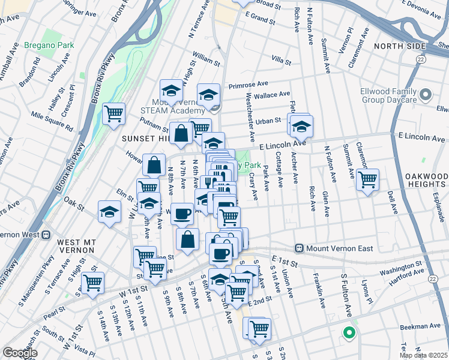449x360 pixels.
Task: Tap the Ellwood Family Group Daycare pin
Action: (426, 95)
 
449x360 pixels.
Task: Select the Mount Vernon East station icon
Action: (299, 248)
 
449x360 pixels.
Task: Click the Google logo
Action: (20, 353)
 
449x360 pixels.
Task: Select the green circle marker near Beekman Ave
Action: (348, 332)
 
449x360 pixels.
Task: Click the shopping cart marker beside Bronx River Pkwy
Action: (113, 112)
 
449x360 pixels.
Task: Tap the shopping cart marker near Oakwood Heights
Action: (367, 178)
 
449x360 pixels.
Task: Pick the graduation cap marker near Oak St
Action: (109, 212)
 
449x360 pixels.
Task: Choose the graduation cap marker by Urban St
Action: (303, 127)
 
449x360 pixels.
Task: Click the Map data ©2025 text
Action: (424, 355)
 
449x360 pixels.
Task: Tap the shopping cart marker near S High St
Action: (92, 283)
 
